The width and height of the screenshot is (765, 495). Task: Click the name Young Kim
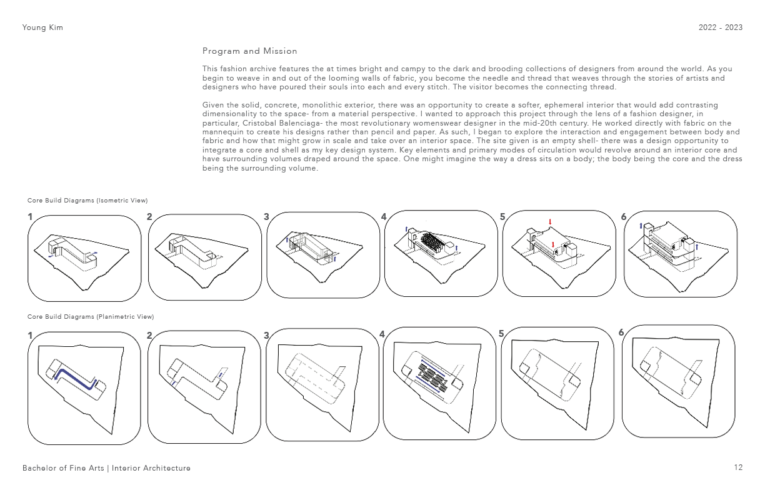pyautogui.click(x=42, y=28)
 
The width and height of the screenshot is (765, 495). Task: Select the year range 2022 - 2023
pyautogui.click(x=721, y=27)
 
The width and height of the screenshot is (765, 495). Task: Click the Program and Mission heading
pyautogui.click(x=249, y=51)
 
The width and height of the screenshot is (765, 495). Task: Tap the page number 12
pyautogui.click(x=738, y=467)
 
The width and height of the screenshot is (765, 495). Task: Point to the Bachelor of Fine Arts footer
pyautogui.click(x=106, y=468)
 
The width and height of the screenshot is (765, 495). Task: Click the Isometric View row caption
pyautogui.click(x=87, y=201)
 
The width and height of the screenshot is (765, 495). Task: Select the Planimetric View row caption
pyautogui.click(x=91, y=317)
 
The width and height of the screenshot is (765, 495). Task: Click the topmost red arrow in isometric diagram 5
pyautogui.click(x=551, y=222)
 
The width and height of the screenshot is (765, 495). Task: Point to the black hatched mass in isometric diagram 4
pyautogui.click(x=432, y=242)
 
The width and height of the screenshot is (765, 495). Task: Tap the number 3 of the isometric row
pyautogui.click(x=266, y=217)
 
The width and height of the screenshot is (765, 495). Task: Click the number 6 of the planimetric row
pyautogui.click(x=621, y=332)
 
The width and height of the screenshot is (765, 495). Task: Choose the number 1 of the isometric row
pyautogui.click(x=30, y=217)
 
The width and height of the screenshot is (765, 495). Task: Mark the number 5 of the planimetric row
pyautogui.click(x=501, y=334)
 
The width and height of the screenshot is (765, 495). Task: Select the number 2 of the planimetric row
pyautogui.click(x=149, y=336)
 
